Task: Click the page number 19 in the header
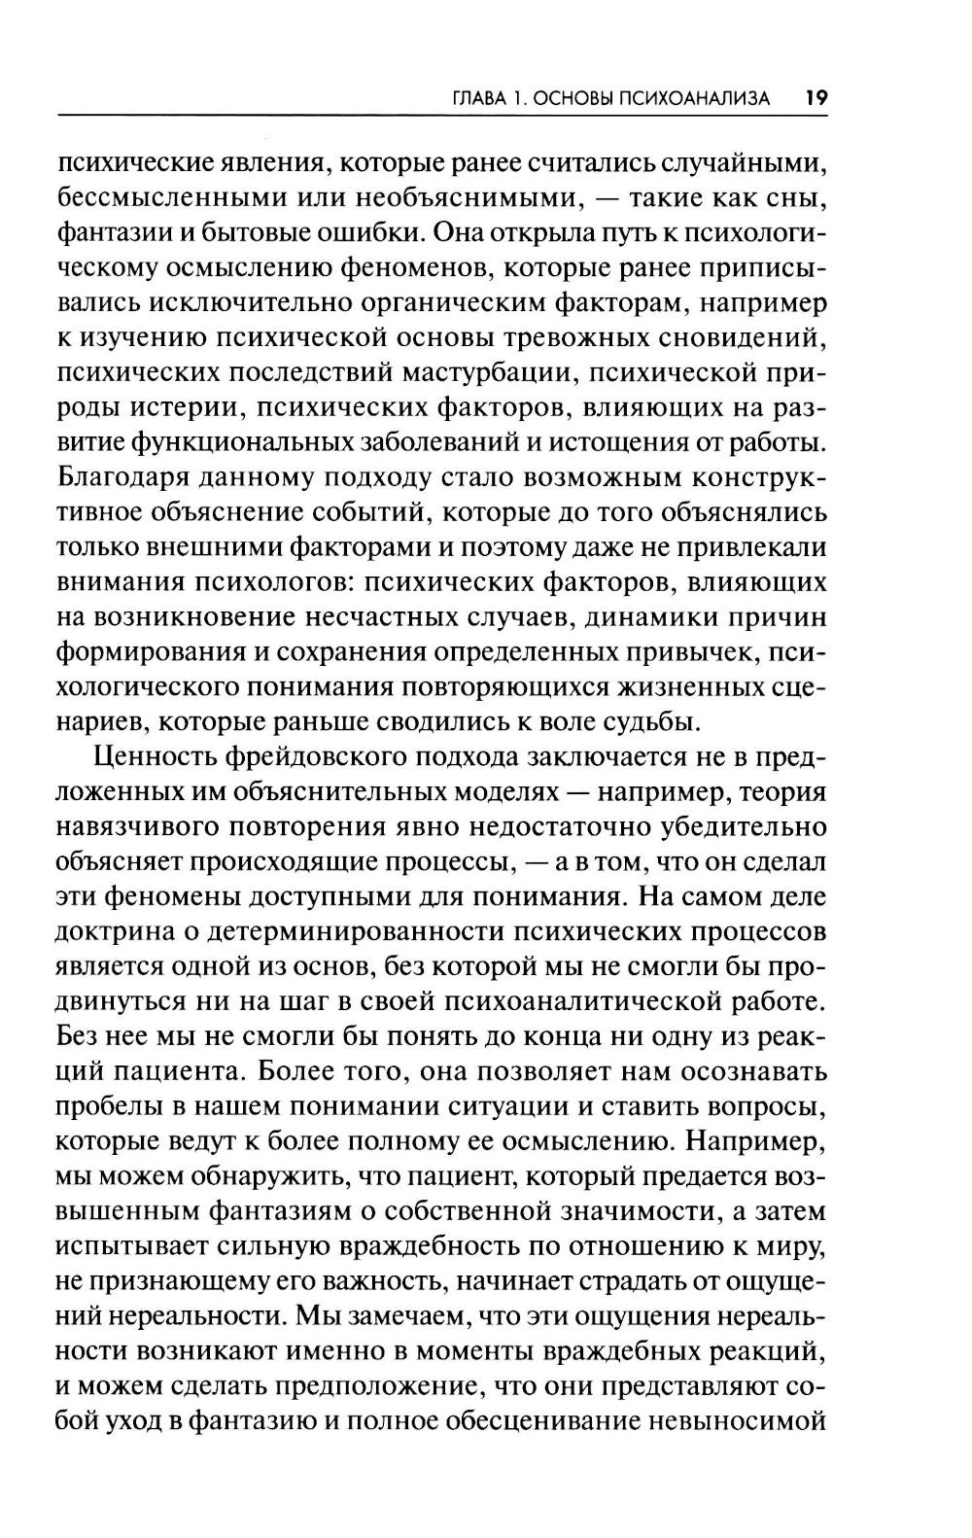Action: (x=815, y=97)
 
